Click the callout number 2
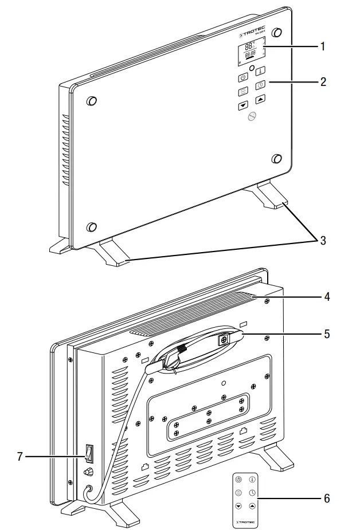point(323,82)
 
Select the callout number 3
point(323,241)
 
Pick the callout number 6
point(327,498)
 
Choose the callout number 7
point(21,457)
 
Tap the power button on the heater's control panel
point(242,77)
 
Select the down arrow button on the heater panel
point(242,105)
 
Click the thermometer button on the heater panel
point(259,72)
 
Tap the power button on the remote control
point(238,479)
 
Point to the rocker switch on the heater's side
point(87,454)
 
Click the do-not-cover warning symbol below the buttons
point(250,116)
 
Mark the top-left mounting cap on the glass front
point(91,101)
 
